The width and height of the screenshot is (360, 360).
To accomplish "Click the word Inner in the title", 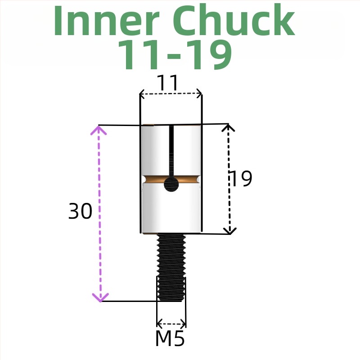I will coord(108,22).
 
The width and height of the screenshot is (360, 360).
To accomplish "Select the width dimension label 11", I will coord(167,83).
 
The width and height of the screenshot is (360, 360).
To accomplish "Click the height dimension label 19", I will coord(241,179).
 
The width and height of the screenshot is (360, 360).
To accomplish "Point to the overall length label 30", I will coord(80,211).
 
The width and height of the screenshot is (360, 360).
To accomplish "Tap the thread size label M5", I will coord(170,339).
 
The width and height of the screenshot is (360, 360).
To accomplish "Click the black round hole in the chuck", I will coord(171,184).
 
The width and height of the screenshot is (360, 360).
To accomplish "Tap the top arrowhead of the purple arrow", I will coord(99,130).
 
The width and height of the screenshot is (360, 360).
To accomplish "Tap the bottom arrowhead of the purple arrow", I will coord(100,297).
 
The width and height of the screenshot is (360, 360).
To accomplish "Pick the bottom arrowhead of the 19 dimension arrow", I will coord(230,230).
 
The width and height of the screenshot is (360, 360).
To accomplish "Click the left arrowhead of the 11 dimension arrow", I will coord(142,94).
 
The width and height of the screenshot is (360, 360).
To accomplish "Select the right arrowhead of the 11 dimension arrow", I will coord(199,94).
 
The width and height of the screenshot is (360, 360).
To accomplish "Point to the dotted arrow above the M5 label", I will coord(171,323).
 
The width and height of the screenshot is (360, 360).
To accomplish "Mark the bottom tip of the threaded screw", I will coord(171,300).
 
